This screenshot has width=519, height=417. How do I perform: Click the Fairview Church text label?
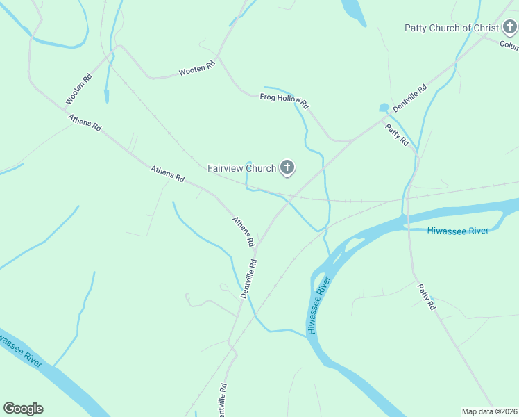pos(241,168)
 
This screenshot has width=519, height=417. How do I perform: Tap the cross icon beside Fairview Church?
pos(287,167)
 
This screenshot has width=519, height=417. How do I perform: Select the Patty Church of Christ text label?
pos(451,28)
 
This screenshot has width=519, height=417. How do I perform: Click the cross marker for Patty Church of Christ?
pos(510,28)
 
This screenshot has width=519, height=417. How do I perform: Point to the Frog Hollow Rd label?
pos(284,100)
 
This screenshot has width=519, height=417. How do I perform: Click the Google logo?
pos(23,409)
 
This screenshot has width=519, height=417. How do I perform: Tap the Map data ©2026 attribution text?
pos(490,411)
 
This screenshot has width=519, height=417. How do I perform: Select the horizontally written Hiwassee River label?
pos(458,231)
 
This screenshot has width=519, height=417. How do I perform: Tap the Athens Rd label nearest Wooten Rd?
pos(85,123)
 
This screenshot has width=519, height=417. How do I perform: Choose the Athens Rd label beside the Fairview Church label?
pos(168,174)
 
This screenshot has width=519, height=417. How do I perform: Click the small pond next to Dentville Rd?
pos(384,108)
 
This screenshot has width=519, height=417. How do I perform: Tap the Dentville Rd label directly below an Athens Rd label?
pos(249,279)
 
